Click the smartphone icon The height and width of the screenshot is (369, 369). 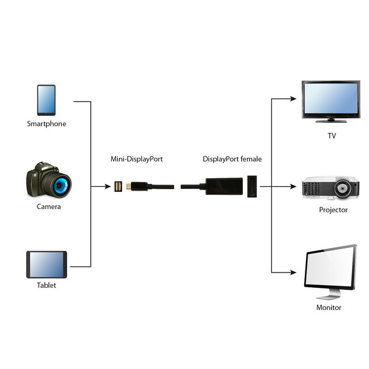[x=46, y=100]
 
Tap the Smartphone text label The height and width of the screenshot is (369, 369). [x=47, y=123]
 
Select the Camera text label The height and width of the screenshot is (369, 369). [x=49, y=207]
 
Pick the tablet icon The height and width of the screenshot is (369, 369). [x=47, y=265]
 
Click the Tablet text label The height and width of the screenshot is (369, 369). [x=47, y=286]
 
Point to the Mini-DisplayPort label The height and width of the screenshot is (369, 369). [x=136, y=160]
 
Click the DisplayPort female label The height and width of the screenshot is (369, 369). [x=232, y=160]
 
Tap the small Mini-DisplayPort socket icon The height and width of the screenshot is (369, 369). [x=118, y=186]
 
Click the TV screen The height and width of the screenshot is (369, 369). [x=330, y=99]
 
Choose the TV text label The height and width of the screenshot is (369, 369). [x=332, y=136]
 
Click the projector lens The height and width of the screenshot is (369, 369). [x=343, y=188]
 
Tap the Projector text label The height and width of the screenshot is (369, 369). [x=333, y=210]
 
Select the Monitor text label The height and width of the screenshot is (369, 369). [x=329, y=308]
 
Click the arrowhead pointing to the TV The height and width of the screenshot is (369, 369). [x=293, y=98]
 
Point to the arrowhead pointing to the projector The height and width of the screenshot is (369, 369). [x=293, y=186]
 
